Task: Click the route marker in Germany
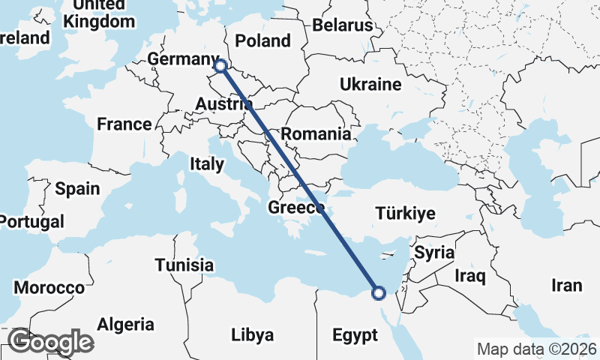click(x=220, y=66)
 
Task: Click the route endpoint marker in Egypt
click(x=379, y=292)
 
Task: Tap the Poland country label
click(x=262, y=40)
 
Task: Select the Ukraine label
click(x=370, y=84)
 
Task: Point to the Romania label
click(x=317, y=135)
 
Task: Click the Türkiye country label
click(x=406, y=214)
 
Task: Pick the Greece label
click(x=295, y=207)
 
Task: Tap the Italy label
click(x=207, y=163)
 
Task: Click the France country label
click(x=124, y=124)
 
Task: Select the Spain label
click(x=77, y=188)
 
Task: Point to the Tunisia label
click(x=184, y=265)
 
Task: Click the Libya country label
click(x=252, y=334)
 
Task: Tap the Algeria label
click(x=125, y=325)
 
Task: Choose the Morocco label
click(x=49, y=288)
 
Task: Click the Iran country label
click(x=566, y=285)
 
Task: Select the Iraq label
click(x=470, y=276)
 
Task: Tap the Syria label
click(x=434, y=253)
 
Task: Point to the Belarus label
click(x=343, y=25)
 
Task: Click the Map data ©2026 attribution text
click(x=536, y=349)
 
